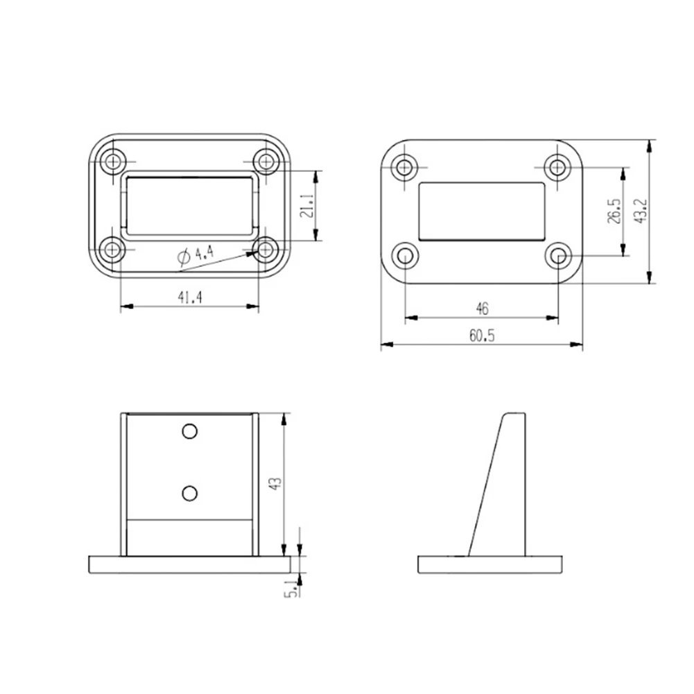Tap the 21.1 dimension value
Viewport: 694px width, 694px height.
click(x=306, y=206)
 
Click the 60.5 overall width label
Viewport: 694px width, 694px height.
click(x=481, y=336)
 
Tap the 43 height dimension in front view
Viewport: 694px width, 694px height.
click(x=275, y=483)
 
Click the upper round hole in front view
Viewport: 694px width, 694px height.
click(x=189, y=431)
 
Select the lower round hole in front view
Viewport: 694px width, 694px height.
click(x=189, y=492)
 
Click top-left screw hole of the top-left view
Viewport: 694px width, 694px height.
click(x=112, y=162)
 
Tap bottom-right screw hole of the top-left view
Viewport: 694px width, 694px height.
click(x=266, y=249)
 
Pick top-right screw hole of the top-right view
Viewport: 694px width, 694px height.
click(x=557, y=166)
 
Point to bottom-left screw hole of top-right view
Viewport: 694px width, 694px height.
click(x=406, y=255)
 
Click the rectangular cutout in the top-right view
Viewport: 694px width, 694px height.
click(x=481, y=211)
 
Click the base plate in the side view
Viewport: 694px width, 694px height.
click(x=489, y=564)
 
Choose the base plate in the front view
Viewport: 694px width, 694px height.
click(x=189, y=564)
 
